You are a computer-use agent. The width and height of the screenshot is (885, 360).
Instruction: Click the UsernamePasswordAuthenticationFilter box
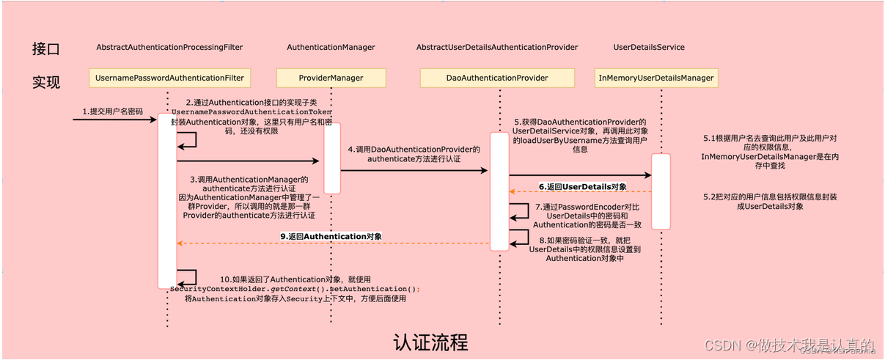(x=169, y=78)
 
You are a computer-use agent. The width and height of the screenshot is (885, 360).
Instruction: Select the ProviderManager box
(x=331, y=78)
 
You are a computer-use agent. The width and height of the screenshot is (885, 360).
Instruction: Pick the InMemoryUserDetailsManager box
(x=657, y=78)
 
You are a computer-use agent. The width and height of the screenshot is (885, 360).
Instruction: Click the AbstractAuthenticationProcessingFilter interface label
(x=169, y=47)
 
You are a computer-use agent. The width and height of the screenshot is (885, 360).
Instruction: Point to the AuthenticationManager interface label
(x=331, y=47)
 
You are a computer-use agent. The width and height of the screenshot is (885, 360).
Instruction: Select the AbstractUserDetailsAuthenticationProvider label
(x=496, y=47)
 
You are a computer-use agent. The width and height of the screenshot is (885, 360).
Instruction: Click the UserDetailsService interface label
(x=649, y=47)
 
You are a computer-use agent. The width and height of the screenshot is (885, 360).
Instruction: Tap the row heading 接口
(x=45, y=49)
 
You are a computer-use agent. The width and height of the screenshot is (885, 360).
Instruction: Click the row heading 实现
(x=45, y=81)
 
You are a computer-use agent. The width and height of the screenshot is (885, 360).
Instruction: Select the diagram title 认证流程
(x=430, y=342)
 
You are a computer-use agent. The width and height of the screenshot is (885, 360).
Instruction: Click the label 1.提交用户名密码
(x=112, y=111)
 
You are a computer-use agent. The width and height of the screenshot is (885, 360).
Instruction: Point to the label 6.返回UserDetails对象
(x=583, y=187)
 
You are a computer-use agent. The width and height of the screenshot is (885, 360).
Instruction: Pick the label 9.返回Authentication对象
(x=331, y=237)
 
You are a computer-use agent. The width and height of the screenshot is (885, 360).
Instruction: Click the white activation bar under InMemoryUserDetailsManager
(x=661, y=191)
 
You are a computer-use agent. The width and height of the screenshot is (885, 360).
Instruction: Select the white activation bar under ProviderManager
(x=332, y=158)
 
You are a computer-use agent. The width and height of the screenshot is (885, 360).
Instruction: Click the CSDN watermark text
(x=788, y=345)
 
